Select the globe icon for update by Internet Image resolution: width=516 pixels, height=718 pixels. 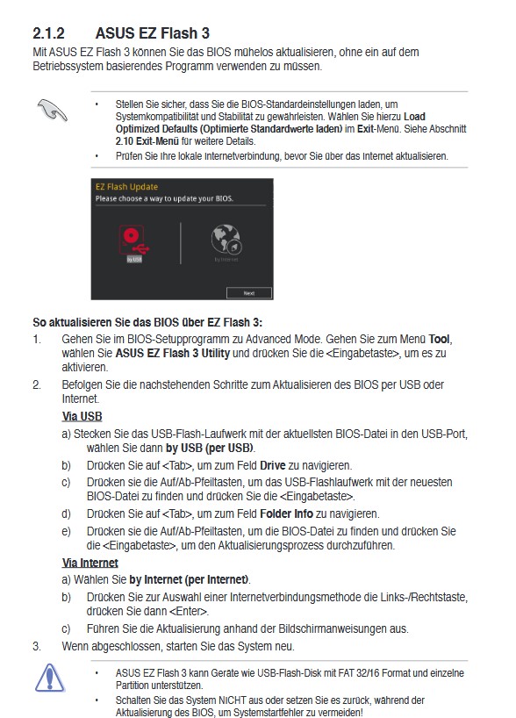point(226,241)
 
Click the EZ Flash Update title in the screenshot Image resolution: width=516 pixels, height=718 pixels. point(127,187)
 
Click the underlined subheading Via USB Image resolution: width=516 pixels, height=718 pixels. point(82,416)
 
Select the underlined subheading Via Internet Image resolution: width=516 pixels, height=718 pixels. point(90,563)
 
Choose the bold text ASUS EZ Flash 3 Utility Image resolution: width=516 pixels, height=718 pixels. point(168,352)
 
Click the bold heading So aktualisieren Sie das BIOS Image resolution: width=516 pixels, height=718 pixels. point(147,322)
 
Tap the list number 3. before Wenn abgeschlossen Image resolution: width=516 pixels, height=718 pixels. point(37,646)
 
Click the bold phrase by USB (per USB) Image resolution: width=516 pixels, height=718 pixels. point(204,448)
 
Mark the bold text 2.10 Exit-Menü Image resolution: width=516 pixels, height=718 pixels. point(146,140)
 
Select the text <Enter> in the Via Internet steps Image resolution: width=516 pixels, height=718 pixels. point(190,611)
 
